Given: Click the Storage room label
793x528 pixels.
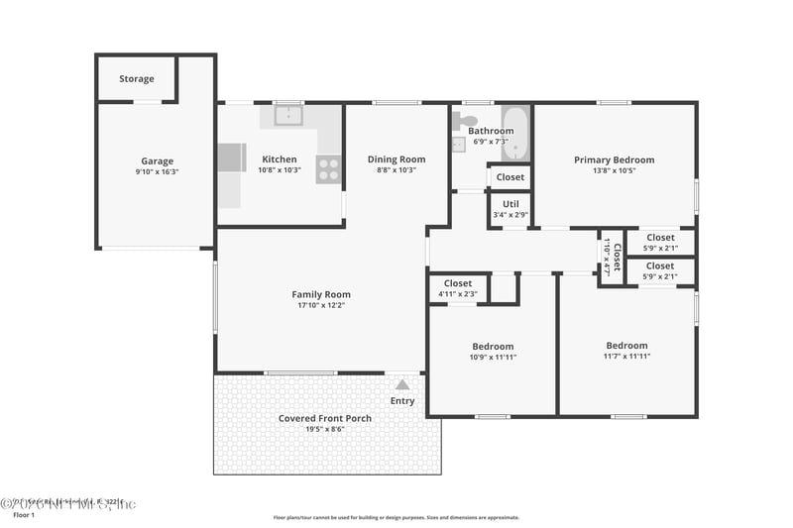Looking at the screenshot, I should pyautogui.click(x=137, y=79).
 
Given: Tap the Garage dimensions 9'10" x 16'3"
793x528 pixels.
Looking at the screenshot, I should pyautogui.click(x=157, y=171).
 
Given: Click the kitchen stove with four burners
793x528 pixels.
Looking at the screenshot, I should pyautogui.click(x=328, y=169).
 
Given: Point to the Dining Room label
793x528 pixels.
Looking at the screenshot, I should pyautogui.click(x=396, y=159).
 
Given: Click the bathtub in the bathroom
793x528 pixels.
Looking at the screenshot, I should pyautogui.click(x=516, y=134).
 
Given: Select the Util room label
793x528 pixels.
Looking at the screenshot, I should pyautogui.click(x=510, y=204).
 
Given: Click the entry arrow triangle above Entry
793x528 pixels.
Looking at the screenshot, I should pyautogui.click(x=402, y=384).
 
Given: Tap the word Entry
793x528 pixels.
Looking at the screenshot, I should pyautogui.click(x=402, y=401).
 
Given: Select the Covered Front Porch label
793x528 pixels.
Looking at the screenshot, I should pyautogui.click(x=325, y=418).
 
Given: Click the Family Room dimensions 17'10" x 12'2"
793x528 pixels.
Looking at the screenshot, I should pyautogui.click(x=321, y=305).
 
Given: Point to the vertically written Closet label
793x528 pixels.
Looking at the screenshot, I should pyautogui.click(x=617, y=257).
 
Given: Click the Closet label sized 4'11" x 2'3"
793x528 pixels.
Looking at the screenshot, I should pyautogui.click(x=458, y=283).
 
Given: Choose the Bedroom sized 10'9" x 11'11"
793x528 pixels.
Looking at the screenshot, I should pyautogui.click(x=493, y=352).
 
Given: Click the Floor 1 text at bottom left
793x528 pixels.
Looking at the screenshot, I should pyautogui.click(x=23, y=515).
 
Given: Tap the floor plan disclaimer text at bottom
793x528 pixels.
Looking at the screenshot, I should pyautogui.click(x=396, y=517).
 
